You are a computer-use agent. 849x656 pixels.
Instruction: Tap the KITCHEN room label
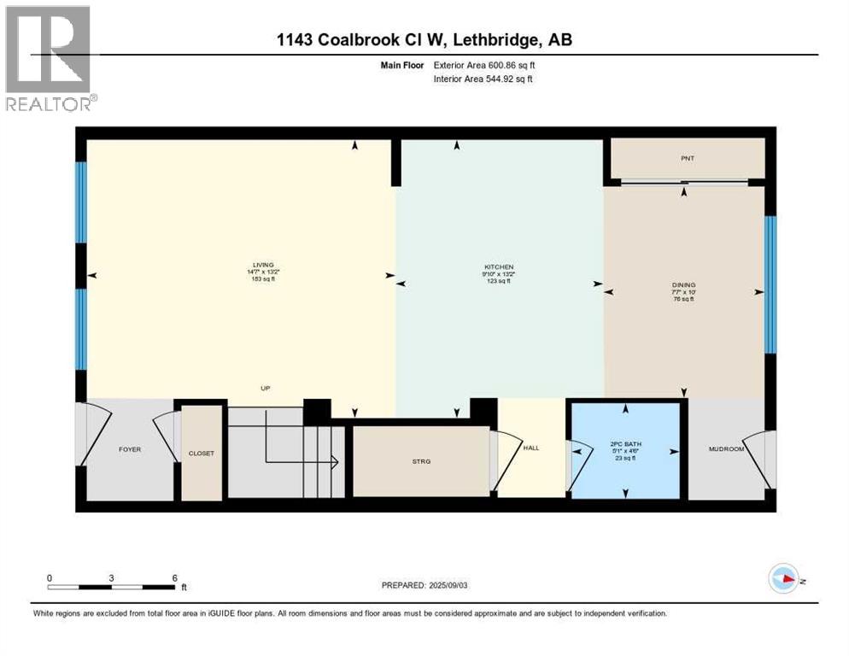499,267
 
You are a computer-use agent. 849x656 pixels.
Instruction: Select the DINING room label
683,285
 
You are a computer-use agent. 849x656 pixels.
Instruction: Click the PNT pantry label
688,158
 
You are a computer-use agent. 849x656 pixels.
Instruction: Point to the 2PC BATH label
626,443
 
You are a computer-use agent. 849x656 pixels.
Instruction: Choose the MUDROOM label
727,448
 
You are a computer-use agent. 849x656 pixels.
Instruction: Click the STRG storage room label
421,461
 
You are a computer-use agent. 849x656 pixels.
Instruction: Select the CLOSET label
202,453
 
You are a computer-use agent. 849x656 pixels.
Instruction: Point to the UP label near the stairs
266,388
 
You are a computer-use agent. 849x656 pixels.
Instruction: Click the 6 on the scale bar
174,577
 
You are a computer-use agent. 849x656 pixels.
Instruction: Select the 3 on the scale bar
112,577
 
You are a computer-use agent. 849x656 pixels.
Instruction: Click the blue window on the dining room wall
770,284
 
